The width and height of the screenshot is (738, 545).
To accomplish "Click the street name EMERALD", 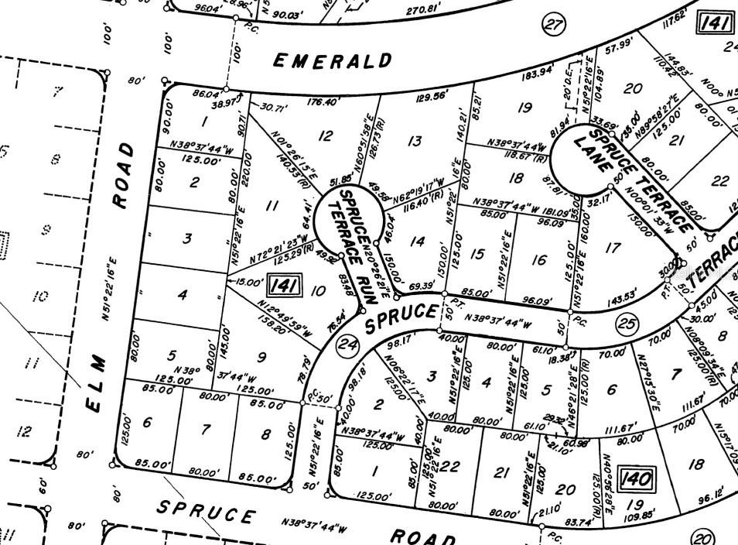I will coord(333,61).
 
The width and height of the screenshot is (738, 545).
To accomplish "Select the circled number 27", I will coord(552,26).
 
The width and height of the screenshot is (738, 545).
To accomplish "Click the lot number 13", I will coord(415,140).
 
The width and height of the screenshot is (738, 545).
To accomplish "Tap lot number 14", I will coord(418,242).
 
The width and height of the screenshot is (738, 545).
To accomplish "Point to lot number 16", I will coord(538,259).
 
